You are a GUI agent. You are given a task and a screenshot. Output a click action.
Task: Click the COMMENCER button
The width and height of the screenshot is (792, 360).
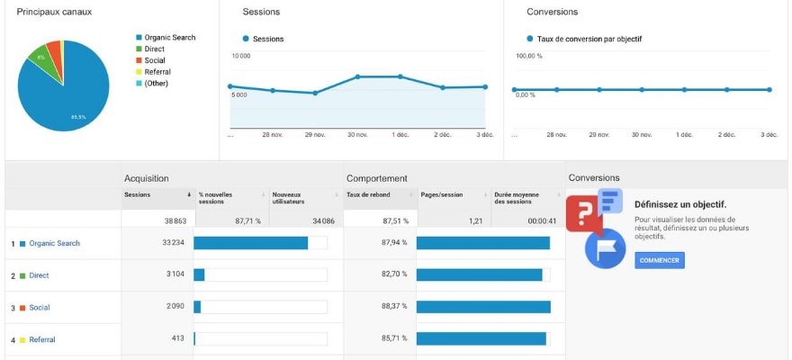tap(660, 260)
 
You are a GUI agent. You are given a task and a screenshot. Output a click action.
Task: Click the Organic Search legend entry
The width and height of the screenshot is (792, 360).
tap(169, 38)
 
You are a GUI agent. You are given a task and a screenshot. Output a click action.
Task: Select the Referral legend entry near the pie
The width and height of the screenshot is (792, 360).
tap(157, 72)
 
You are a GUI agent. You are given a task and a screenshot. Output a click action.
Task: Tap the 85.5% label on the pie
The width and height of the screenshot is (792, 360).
tap(78, 117)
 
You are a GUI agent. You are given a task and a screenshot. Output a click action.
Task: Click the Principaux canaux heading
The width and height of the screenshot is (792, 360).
tap(54, 12)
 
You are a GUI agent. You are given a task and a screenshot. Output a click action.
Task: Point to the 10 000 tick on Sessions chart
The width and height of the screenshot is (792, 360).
tap(241, 56)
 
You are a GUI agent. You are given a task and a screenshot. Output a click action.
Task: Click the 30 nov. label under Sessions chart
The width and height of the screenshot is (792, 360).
tap(356, 135)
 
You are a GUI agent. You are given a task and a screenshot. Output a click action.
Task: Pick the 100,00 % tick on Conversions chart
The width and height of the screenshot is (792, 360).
tap(528, 56)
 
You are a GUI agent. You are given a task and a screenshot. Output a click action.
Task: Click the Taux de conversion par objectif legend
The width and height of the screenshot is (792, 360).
tap(589, 39)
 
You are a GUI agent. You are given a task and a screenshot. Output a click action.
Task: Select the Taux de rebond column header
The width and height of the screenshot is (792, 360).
tap(369, 194)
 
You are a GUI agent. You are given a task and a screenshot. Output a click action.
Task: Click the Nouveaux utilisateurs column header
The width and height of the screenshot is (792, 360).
tap(293, 197)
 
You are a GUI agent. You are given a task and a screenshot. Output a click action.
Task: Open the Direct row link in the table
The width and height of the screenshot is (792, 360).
tap(39, 275)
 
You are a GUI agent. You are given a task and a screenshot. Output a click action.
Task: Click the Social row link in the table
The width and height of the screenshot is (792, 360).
tap(39, 308)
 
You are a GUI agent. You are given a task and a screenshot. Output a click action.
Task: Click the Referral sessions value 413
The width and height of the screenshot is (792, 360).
tap(177, 339)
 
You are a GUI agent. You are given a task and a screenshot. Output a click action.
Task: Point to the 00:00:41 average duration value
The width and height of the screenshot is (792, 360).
tap(543, 220)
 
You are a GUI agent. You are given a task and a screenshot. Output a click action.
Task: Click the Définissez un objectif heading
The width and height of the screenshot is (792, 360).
tap(679, 204)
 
